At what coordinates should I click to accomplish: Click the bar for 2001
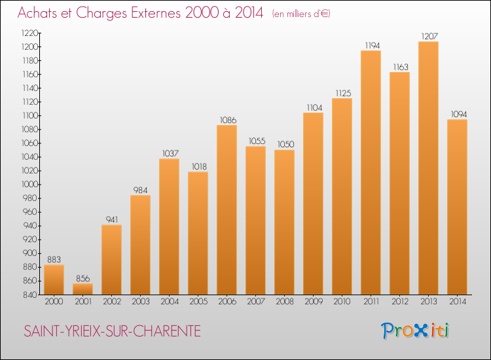click(x=82, y=289)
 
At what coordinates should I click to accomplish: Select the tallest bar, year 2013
click(x=428, y=168)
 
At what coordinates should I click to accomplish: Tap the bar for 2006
click(x=227, y=209)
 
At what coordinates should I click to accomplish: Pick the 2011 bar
click(x=371, y=173)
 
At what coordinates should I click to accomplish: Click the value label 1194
click(x=373, y=46)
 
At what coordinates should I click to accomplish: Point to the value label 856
click(x=82, y=279)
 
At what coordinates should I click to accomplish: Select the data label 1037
click(x=170, y=153)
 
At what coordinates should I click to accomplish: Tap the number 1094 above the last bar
click(x=459, y=115)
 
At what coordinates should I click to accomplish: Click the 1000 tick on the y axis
click(x=29, y=185)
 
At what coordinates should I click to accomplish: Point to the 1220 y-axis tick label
click(x=29, y=33)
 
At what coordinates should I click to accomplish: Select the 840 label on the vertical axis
click(x=30, y=295)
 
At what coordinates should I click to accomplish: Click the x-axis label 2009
click(x=314, y=302)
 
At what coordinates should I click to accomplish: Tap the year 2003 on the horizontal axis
click(x=141, y=302)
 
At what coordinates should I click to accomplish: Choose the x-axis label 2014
click(x=458, y=302)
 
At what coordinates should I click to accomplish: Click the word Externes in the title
click(x=156, y=13)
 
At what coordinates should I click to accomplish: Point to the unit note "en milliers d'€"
click(x=301, y=14)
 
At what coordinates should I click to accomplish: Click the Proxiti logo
click(x=415, y=331)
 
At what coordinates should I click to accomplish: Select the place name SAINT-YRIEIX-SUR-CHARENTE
click(x=112, y=331)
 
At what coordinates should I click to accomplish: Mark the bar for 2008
click(x=284, y=223)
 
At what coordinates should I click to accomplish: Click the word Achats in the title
click(x=37, y=13)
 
